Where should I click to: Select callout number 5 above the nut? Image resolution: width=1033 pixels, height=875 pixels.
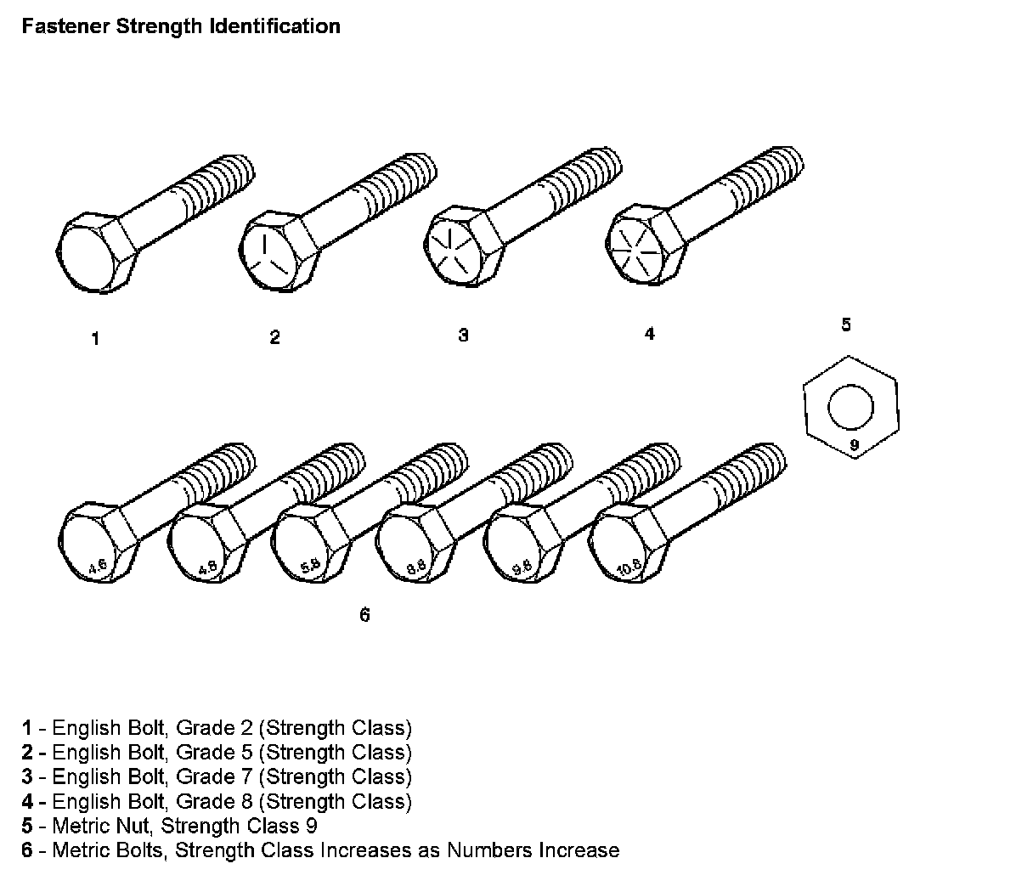(845, 324)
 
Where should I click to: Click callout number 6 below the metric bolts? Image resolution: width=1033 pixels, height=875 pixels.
(364, 615)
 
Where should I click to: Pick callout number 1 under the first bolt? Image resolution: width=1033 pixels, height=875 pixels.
(96, 339)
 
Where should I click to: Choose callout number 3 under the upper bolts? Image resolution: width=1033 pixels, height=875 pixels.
(463, 335)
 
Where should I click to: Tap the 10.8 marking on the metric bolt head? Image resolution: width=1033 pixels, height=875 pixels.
(629, 568)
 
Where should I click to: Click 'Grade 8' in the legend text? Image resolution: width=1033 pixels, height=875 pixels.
(204, 801)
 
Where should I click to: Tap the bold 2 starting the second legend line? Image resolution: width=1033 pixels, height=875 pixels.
(27, 753)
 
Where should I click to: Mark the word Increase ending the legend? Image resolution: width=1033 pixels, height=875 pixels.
(576, 850)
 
